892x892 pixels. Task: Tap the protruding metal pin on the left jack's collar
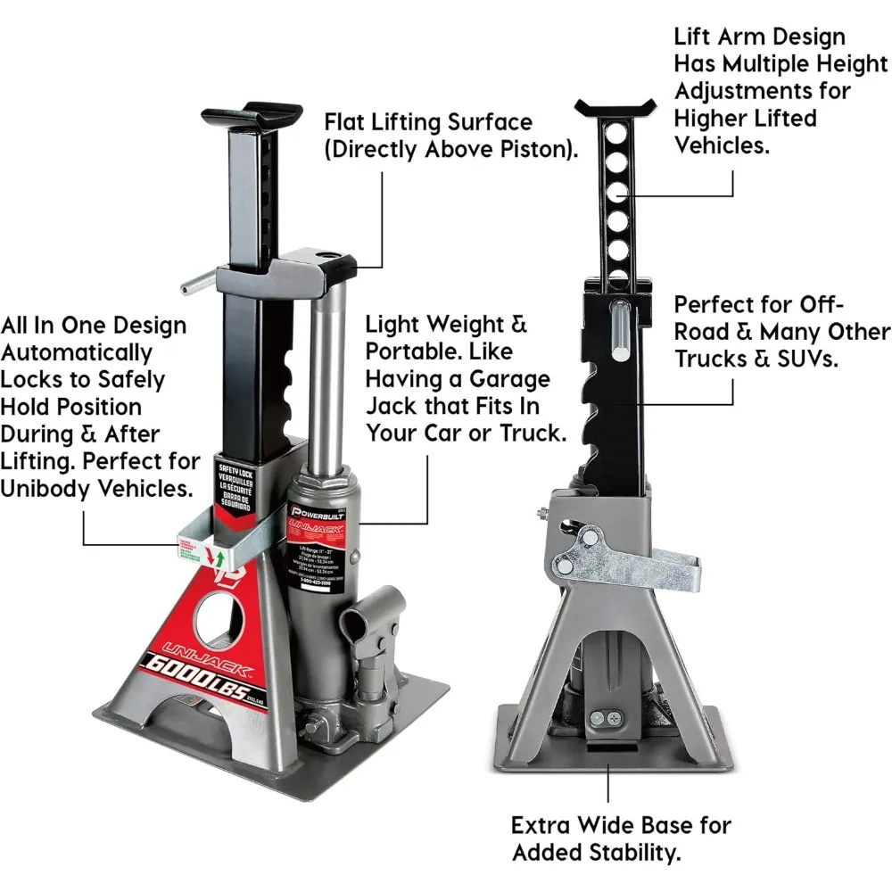pos(197,284)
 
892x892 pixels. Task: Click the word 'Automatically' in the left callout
pos(77,352)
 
